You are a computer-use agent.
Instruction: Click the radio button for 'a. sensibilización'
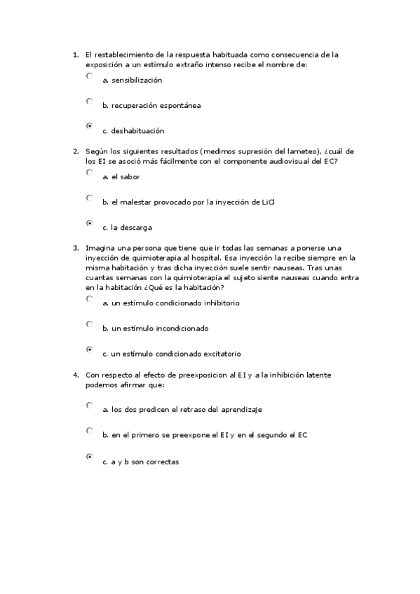[89, 76]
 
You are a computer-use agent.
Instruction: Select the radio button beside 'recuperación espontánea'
[89, 101]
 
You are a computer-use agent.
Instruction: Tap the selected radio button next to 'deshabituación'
[89, 126]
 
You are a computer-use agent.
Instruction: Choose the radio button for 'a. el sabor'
[89, 172]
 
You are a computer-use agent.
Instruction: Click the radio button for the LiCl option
[89, 198]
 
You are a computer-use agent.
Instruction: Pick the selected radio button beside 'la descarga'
[89, 223]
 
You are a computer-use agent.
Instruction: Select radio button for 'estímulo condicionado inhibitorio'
[89, 298]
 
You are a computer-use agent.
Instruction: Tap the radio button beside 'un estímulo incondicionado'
[89, 324]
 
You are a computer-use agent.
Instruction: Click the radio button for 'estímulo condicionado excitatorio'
[89, 349]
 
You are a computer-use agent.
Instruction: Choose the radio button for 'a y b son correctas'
[89, 457]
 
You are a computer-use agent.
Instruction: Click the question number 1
[75, 55]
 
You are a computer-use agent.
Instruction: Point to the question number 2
[75, 151]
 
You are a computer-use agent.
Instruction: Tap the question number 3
[75, 248]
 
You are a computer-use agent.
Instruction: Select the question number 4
[75, 375]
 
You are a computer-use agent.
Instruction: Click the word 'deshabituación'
[137, 131]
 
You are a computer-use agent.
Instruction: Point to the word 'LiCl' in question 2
[267, 202]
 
